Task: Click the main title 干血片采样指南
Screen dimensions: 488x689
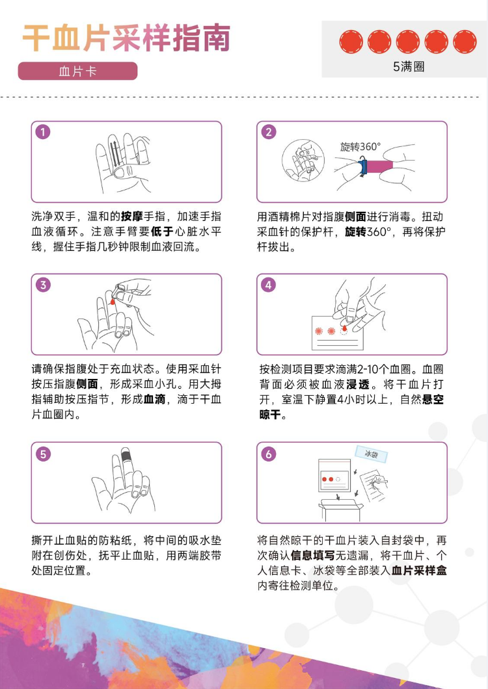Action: click(x=126, y=38)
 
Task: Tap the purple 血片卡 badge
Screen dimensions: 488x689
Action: click(x=77, y=71)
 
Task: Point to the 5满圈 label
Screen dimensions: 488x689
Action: click(x=409, y=66)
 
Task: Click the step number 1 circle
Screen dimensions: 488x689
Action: click(x=43, y=132)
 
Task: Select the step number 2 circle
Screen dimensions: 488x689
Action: click(x=269, y=132)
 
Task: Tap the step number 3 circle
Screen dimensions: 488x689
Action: click(x=43, y=285)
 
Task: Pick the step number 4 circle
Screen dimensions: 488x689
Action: click(x=269, y=285)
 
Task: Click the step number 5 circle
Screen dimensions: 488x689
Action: click(x=43, y=454)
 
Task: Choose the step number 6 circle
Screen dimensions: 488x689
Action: click(x=269, y=454)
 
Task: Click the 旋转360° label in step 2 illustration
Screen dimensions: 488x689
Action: click(x=360, y=147)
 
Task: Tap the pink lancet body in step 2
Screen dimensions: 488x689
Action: click(x=380, y=166)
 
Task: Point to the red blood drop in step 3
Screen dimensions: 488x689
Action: click(x=113, y=302)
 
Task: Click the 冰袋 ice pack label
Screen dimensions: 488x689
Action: click(x=372, y=454)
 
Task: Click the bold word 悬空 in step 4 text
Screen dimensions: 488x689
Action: click(x=433, y=400)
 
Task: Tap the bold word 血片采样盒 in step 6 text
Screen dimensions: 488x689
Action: click(x=419, y=570)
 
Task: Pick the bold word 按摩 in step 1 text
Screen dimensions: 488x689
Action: click(x=132, y=216)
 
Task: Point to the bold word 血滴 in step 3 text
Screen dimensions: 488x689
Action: click(x=154, y=399)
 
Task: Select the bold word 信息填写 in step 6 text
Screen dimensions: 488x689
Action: click(x=313, y=555)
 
